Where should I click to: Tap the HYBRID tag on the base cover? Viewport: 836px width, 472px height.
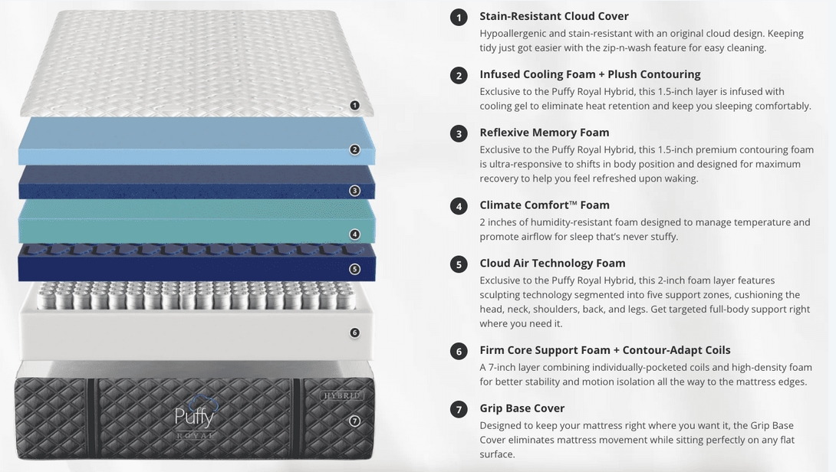point(341,395)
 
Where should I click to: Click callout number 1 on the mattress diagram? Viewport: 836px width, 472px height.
point(354,106)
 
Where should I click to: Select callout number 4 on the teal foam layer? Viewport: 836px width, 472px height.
point(354,234)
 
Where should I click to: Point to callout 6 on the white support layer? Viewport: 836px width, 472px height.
point(354,333)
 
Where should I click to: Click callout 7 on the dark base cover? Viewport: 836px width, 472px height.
point(354,421)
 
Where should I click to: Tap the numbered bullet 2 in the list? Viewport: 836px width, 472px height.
point(459,76)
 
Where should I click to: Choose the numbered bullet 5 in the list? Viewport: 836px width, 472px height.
point(459,264)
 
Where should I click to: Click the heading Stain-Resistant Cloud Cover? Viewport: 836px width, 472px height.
point(554,17)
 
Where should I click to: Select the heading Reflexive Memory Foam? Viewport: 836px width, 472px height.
point(545,133)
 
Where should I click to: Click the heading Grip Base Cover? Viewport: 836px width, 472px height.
point(522,408)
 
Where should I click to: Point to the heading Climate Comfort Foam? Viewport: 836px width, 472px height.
point(545,205)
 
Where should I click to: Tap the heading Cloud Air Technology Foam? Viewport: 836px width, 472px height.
point(552,263)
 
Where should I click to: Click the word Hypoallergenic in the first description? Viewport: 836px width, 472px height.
point(513,34)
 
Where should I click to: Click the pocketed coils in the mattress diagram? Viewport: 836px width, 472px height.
point(195,296)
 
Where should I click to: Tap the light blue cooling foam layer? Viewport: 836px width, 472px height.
point(196,141)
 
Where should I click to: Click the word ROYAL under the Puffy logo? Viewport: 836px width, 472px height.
point(195,436)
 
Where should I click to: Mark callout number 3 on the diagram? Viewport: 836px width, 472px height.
point(354,191)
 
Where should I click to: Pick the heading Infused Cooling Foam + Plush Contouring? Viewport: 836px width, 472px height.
point(591,74)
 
